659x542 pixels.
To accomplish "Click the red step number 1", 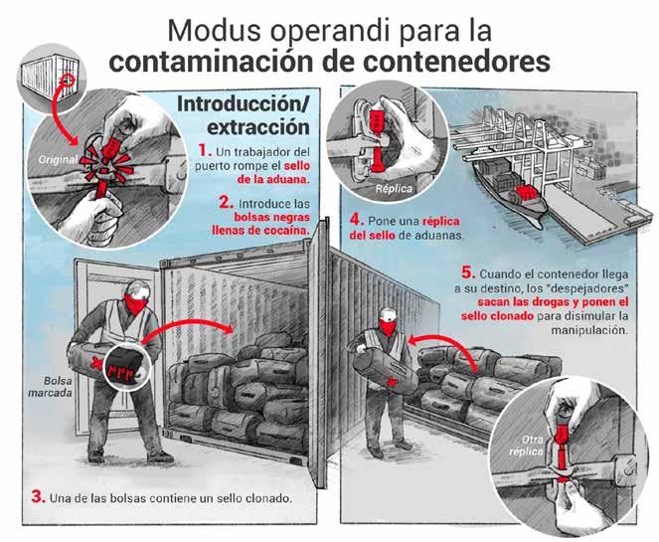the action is (x=205, y=150).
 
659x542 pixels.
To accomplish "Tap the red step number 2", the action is (x=226, y=203).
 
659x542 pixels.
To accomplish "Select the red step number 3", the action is (x=38, y=497).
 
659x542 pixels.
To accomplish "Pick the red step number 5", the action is (x=468, y=272).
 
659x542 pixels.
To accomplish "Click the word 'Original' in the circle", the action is (x=58, y=160).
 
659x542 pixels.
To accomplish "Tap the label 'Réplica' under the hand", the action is (x=394, y=188).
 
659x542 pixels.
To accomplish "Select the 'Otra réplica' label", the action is (x=527, y=446).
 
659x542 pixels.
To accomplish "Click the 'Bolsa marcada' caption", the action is (x=51, y=387).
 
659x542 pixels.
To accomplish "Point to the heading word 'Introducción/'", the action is (x=244, y=105).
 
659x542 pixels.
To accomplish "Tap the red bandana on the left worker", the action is (x=136, y=304).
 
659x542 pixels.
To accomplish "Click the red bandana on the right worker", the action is (x=388, y=327).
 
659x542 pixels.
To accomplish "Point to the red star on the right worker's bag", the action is (x=394, y=382).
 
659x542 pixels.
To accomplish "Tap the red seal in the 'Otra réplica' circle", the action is (x=560, y=450).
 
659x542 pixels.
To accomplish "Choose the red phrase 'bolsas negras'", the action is (x=272, y=217).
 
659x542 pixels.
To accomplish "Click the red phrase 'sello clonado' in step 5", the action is (x=497, y=316).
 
